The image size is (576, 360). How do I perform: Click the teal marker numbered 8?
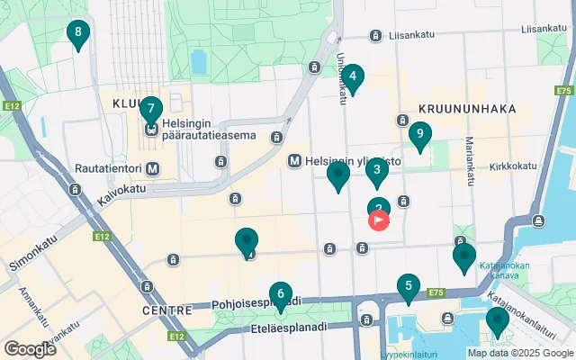[x=78, y=35]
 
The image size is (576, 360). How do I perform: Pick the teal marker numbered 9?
[x=418, y=135]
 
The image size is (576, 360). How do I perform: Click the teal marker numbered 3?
[x=377, y=169]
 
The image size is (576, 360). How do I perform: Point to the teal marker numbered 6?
[x=281, y=294]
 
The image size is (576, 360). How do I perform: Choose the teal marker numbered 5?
[x=409, y=289]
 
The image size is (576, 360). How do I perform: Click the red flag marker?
[x=380, y=220]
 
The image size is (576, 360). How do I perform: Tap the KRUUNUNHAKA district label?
[x=467, y=109]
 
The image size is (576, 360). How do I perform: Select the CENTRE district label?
[x=166, y=310]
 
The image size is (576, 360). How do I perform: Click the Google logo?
[x=30, y=348]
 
